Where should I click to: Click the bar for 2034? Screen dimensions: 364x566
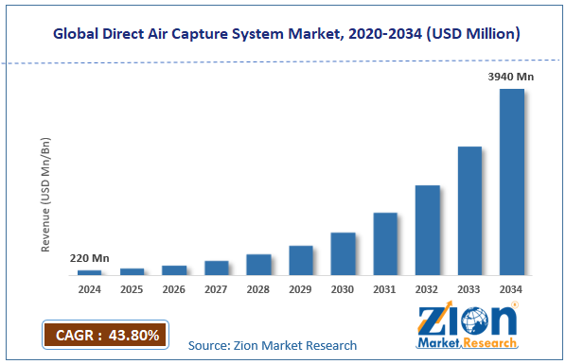click(512, 182)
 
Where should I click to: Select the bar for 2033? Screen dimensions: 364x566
click(469, 210)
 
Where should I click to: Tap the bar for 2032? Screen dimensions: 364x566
click(427, 230)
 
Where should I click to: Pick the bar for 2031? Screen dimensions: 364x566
click(384, 243)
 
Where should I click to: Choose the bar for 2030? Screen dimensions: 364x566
click(343, 253)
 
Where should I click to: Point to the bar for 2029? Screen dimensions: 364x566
click(300, 260)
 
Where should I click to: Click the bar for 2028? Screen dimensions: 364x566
click(258, 264)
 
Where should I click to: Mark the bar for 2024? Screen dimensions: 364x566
click(90, 272)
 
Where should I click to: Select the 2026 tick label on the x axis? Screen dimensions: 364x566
click(174, 288)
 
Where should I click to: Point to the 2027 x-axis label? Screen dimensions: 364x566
click(216, 288)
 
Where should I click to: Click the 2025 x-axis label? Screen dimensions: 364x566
click(132, 288)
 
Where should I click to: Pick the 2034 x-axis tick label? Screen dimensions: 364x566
click(512, 288)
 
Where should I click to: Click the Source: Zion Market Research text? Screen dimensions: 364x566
click(273, 346)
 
